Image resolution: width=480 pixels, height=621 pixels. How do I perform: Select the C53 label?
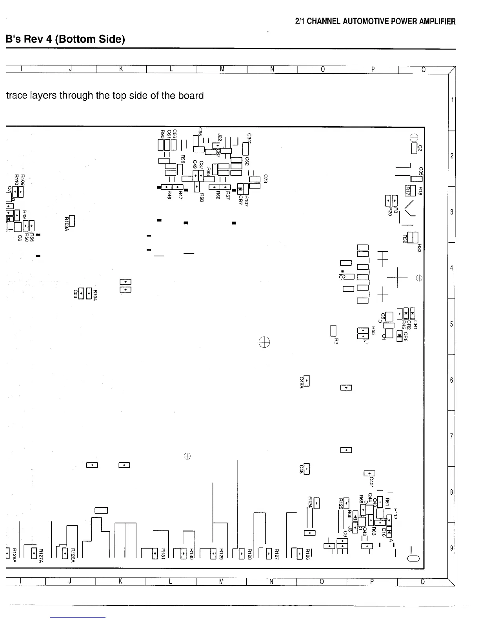(75, 294)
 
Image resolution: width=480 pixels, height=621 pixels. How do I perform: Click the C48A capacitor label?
(302, 383)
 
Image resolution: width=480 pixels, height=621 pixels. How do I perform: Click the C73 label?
(265, 179)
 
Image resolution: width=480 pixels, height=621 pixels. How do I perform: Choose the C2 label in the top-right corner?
(420, 148)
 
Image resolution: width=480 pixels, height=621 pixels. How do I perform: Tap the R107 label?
(247, 200)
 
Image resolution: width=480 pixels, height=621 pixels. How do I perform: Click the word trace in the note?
(18, 96)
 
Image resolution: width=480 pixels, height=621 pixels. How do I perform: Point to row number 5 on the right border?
(451, 324)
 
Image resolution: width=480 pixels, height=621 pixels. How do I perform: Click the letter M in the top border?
(222, 69)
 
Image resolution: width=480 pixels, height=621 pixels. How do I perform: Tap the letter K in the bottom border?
(120, 582)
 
